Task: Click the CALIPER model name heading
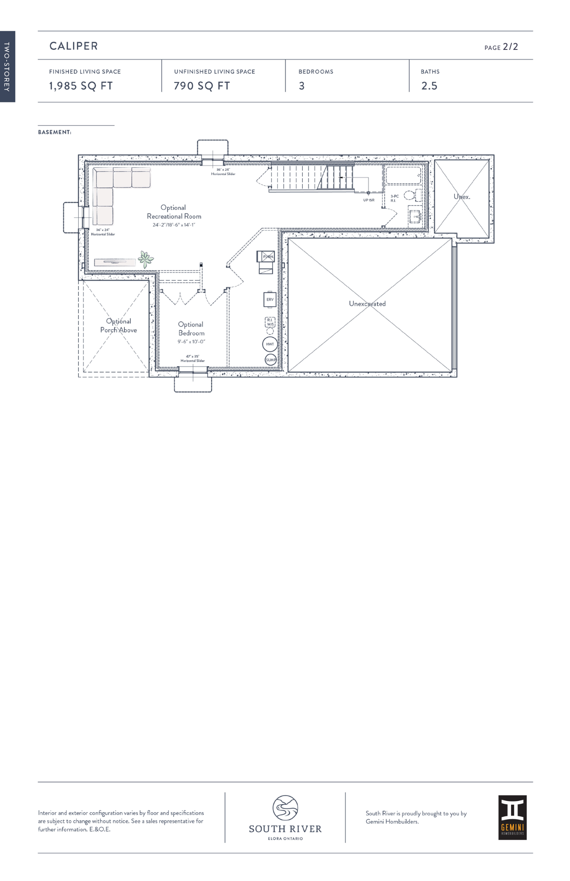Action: point(73,46)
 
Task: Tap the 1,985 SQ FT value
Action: point(81,86)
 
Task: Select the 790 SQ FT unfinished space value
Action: point(202,86)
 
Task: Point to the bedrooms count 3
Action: point(302,86)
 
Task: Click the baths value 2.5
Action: point(429,86)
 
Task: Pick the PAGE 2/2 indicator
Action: point(501,47)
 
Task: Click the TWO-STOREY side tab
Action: point(7,67)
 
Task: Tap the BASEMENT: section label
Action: point(55,132)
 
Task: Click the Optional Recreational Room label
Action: point(174,212)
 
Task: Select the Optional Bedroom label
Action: point(191,329)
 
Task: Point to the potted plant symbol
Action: point(145,259)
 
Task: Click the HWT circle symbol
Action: point(270,344)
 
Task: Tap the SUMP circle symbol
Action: point(271,359)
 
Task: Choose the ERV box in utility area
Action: point(270,299)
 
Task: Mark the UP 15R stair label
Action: point(368,200)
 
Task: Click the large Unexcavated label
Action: point(367,304)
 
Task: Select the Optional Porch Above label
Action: point(119,325)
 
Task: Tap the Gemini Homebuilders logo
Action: point(512,817)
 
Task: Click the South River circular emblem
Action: point(285,808)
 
